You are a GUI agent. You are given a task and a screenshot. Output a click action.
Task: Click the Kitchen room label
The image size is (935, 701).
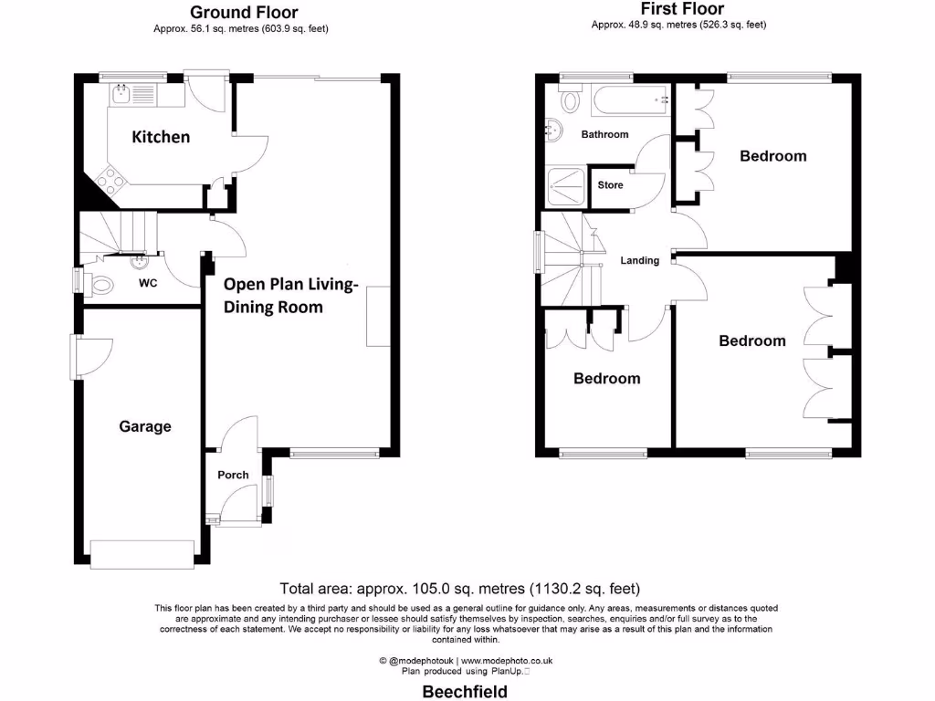pos(162,137)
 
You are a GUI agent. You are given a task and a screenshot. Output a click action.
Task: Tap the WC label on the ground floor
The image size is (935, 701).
pos(148,283)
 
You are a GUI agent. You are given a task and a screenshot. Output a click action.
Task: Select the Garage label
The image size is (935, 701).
pos(145,426)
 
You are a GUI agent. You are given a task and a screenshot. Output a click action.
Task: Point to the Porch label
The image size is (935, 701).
pos(233,475)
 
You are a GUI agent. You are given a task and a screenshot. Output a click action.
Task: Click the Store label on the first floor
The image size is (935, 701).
pos(610,185)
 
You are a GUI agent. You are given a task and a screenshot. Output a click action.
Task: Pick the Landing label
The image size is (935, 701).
pos(639,261)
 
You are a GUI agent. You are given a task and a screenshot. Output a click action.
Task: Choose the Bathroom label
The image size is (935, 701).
pos(604,134)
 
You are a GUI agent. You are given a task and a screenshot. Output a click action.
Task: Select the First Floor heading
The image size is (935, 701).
pos(682,9)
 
